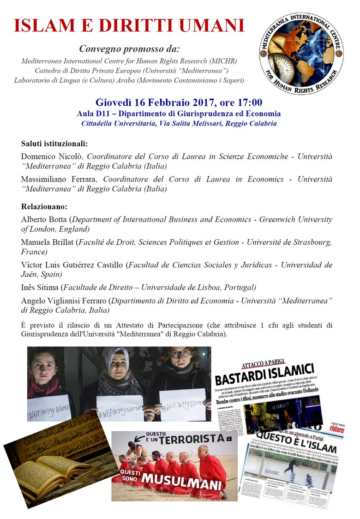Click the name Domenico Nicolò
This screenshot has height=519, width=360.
[52, 157]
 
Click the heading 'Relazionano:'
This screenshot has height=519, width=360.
[44, 206]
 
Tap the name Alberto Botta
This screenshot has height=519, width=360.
[43, 220]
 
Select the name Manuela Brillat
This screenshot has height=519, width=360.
[47, 242]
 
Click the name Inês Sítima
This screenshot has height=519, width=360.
[41, 287]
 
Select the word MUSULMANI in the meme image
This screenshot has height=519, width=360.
[182, 480]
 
